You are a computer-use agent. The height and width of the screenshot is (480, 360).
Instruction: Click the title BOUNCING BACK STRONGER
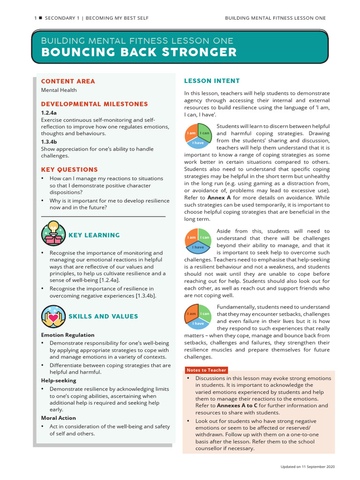coord(139,52)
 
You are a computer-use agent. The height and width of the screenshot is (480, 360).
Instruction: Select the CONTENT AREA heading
coord(68,81)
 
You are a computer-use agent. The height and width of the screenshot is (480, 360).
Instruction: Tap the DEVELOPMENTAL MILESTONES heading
coord(94,104)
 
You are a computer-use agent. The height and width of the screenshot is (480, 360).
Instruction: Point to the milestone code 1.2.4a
coord(49,113)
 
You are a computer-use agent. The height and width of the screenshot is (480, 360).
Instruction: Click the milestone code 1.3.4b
coord(49,142)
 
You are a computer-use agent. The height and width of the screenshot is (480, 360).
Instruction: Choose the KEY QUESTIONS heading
coord(69,170)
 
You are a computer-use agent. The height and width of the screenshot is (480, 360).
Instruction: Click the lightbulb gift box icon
coord(53,233)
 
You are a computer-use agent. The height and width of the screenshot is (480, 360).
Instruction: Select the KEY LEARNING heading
coord(94,235)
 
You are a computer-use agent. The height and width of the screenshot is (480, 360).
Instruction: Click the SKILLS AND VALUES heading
coord(103,316)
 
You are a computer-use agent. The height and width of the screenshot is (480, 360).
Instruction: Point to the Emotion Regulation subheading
coord(67,335)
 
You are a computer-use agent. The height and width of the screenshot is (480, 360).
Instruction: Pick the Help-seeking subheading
coord(59,381)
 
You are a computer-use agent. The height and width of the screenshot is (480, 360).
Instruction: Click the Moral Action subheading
coord(58,418)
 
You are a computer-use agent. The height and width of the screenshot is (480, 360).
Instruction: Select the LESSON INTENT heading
coord(212,81)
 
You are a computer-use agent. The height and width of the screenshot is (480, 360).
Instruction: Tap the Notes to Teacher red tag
coord(206,370)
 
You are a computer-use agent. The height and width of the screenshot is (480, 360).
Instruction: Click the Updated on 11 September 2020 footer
coord(308,467)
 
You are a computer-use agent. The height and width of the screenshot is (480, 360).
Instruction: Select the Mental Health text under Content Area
coord(59,90)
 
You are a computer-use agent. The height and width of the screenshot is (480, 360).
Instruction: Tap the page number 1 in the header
coord(35,18)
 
